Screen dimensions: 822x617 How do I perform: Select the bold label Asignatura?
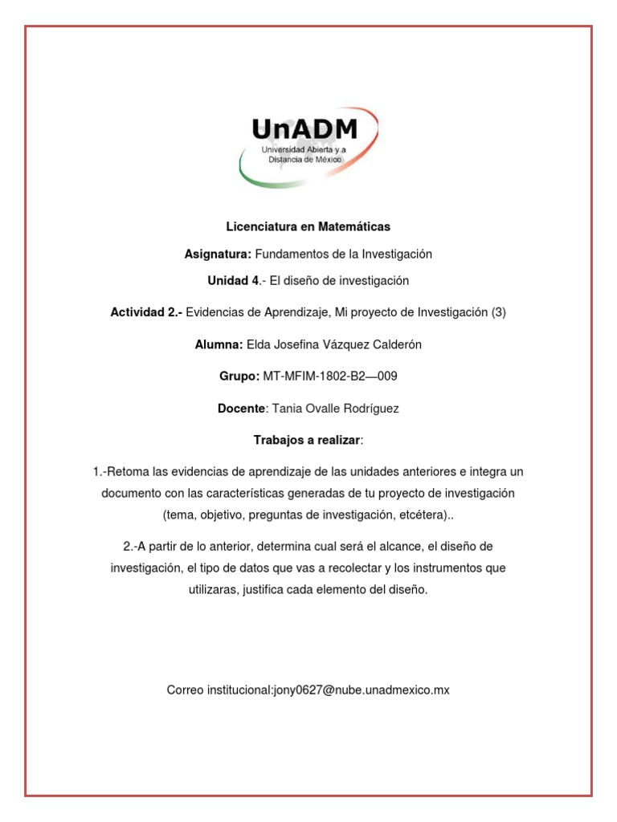click(x=218, y=254)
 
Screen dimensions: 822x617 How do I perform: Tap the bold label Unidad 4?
click(x=234, y=281)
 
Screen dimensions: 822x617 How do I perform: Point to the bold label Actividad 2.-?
click(x=146, y=313)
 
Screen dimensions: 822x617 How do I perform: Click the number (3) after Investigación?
click(x=498, y=313)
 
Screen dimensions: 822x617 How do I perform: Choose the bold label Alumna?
click(x=219, y=345)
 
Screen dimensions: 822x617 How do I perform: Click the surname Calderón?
click(x=393, y=345)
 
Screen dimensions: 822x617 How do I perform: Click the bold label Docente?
click(x=241, y=409)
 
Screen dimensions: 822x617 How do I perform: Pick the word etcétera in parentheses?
click(x=420, y=514)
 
